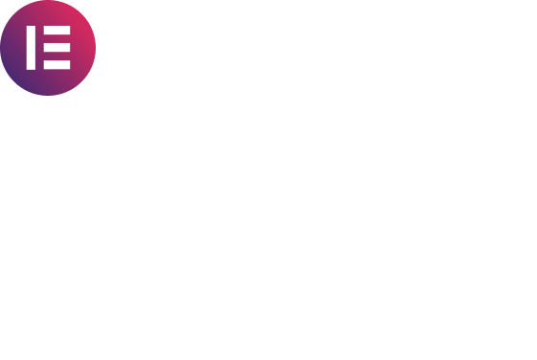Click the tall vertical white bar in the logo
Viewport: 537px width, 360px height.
31,48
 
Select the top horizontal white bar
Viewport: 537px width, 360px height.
56,30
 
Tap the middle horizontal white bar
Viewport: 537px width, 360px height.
56,47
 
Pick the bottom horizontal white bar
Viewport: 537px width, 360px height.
56,65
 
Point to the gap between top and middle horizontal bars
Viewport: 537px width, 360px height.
56,38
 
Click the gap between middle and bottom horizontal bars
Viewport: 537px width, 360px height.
56,56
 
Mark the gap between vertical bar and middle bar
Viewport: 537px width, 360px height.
40,47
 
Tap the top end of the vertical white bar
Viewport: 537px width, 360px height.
31,26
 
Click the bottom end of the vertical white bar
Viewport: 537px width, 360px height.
31,70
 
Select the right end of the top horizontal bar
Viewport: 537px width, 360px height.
70,30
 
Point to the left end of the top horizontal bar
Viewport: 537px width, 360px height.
44,30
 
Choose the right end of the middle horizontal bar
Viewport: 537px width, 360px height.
70,47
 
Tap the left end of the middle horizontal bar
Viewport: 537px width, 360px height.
44,47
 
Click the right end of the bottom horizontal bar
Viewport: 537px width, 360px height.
70,65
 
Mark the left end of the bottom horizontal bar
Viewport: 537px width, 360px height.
44,65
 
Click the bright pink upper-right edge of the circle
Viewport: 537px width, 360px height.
81,14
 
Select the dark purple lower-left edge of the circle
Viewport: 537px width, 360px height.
14,81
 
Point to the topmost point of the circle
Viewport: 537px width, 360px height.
48,0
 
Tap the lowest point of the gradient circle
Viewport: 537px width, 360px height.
48,95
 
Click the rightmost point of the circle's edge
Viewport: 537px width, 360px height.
96,48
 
